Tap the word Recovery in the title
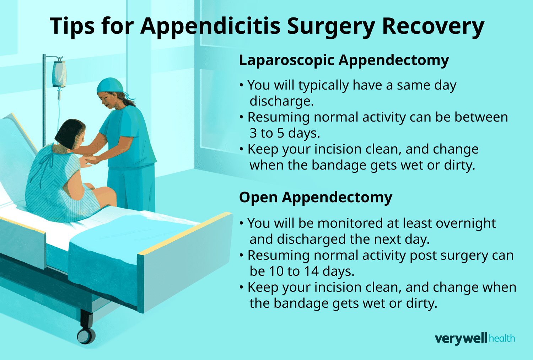pyautogui.click(x=433, y=26)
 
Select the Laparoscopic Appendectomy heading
pyautogui.click(x=344, y=60)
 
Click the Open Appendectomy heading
pyautogui.click(x=316, y=197)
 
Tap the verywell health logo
pyautogui.click(x=474, y=338)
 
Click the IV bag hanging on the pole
pyautogui.click(x=59, y=74)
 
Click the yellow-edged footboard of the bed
pyautogui.click(x=185, y=263)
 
